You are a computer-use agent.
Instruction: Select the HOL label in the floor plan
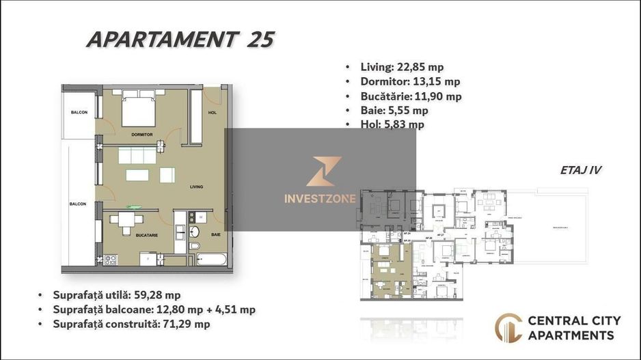point(213,113)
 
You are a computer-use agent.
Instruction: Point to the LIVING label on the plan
point(197,186)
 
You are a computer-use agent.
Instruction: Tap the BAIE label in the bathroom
point(215,234)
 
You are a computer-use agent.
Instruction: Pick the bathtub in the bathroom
point(212,260)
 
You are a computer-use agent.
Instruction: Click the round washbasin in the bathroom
point(193,231)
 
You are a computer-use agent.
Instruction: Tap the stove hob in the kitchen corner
point(109,259)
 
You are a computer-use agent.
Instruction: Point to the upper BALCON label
point(79,113)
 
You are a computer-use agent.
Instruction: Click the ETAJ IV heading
point(581,170)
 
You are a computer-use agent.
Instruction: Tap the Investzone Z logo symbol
point(320,171)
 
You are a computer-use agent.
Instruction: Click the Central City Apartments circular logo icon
point(508,327)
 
